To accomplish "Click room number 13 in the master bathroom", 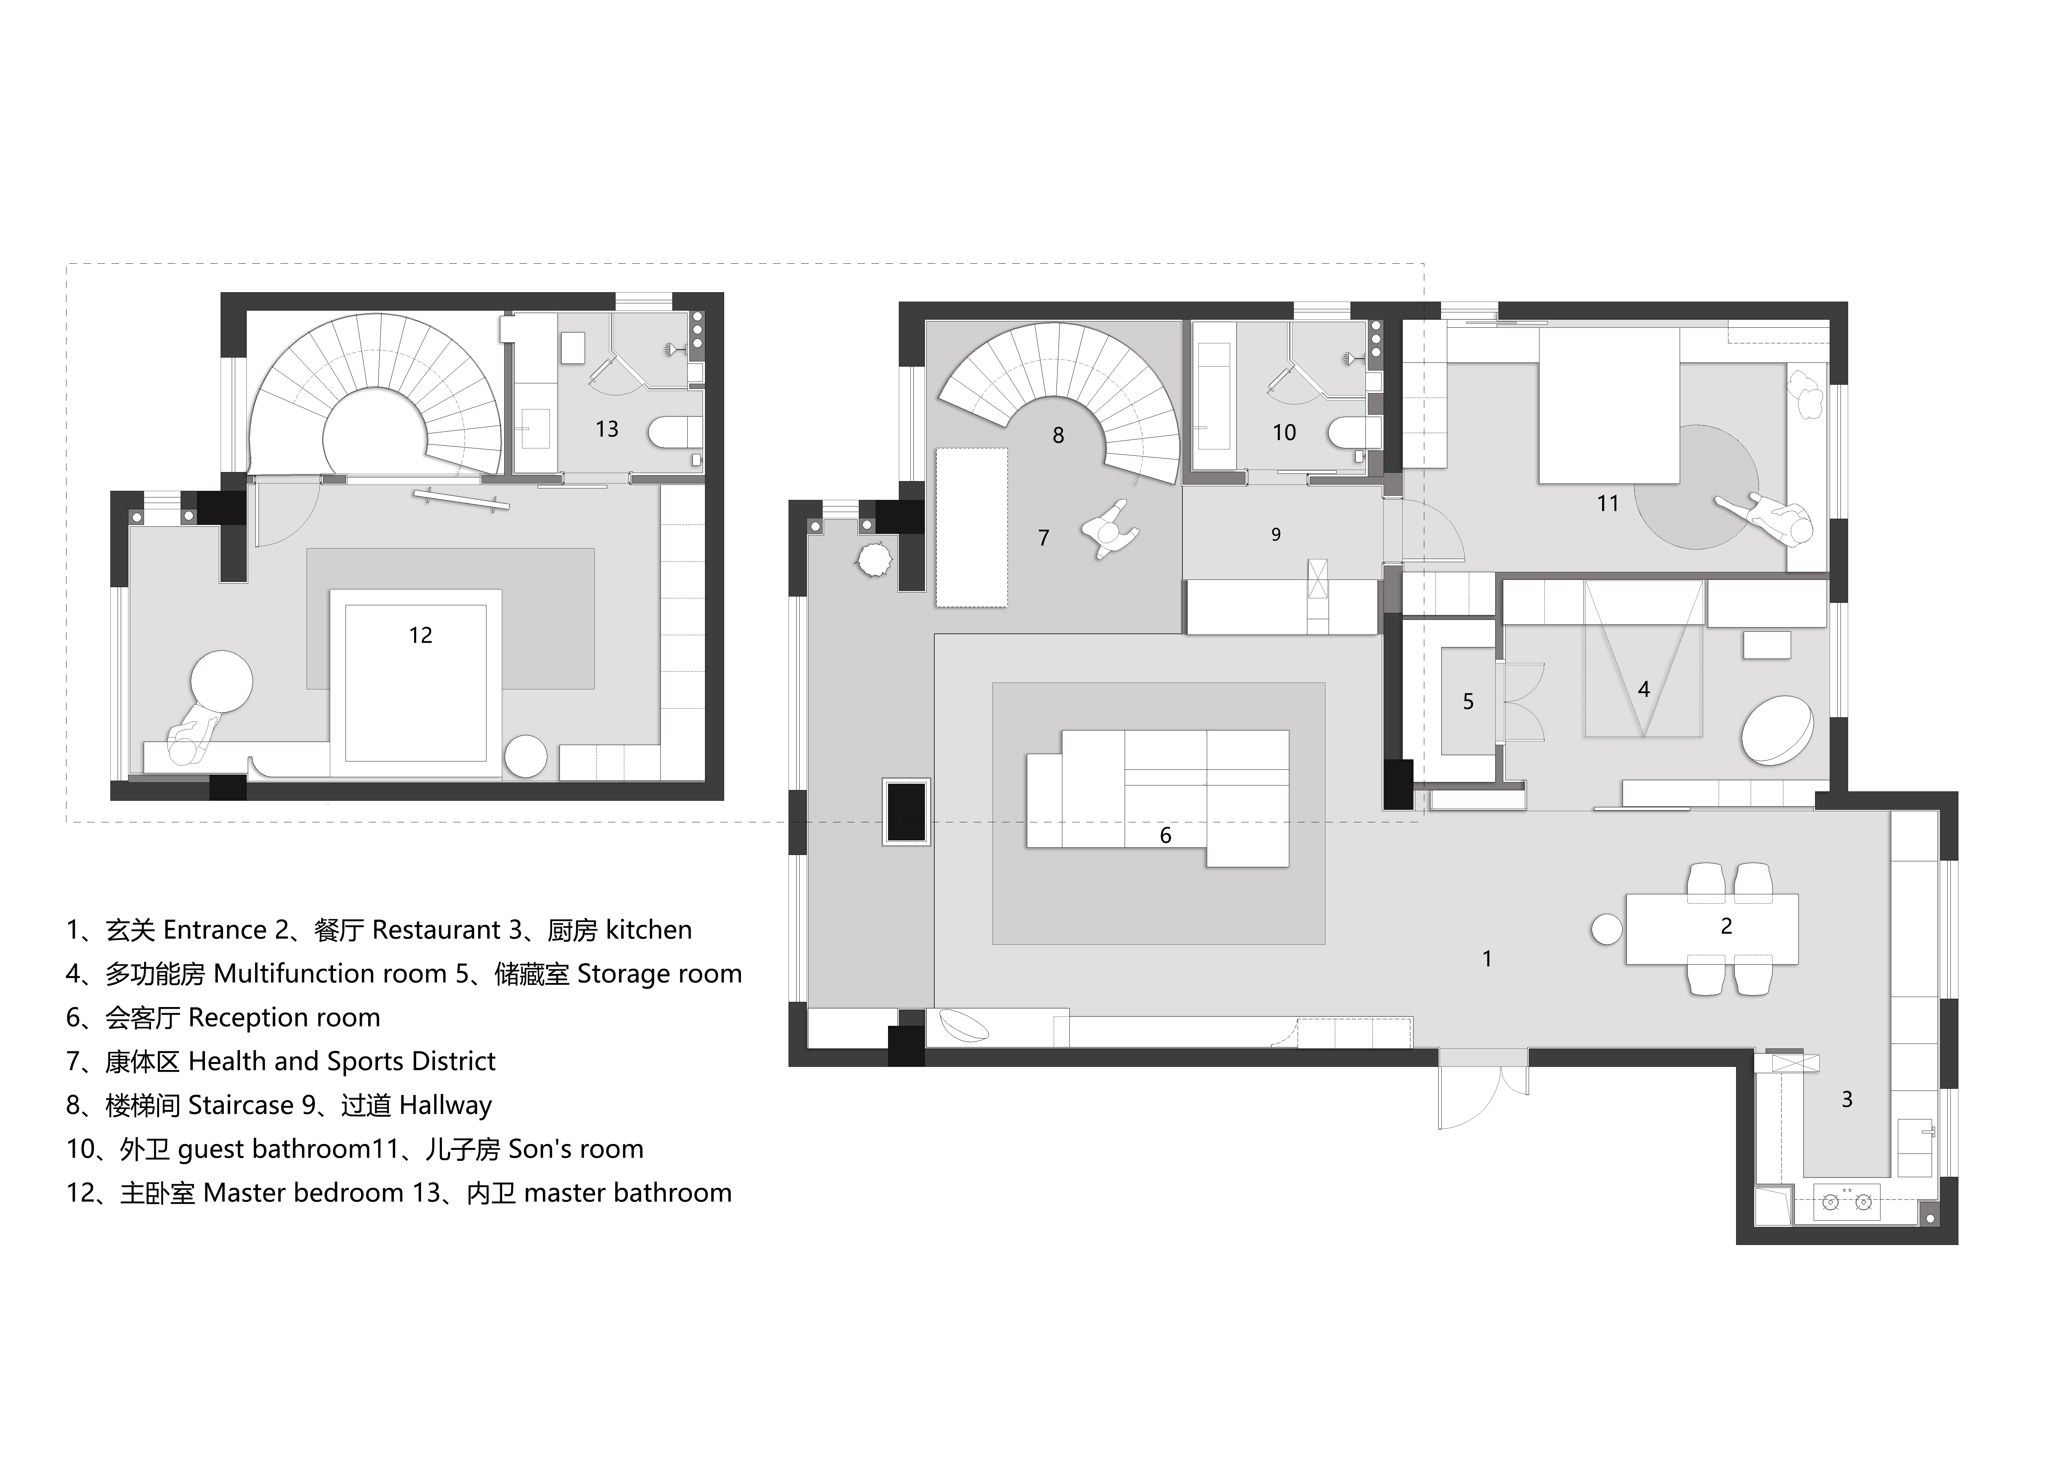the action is pos(607,429).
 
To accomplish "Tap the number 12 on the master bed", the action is pos(420,636).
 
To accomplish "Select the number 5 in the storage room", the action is pos(1468,701).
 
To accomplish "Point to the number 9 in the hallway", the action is pos(1276,535).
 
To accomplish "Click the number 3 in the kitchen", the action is pos(1846,1099).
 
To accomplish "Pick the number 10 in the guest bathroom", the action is pos(1284,433).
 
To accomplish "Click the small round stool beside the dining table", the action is pos(1607,929).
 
